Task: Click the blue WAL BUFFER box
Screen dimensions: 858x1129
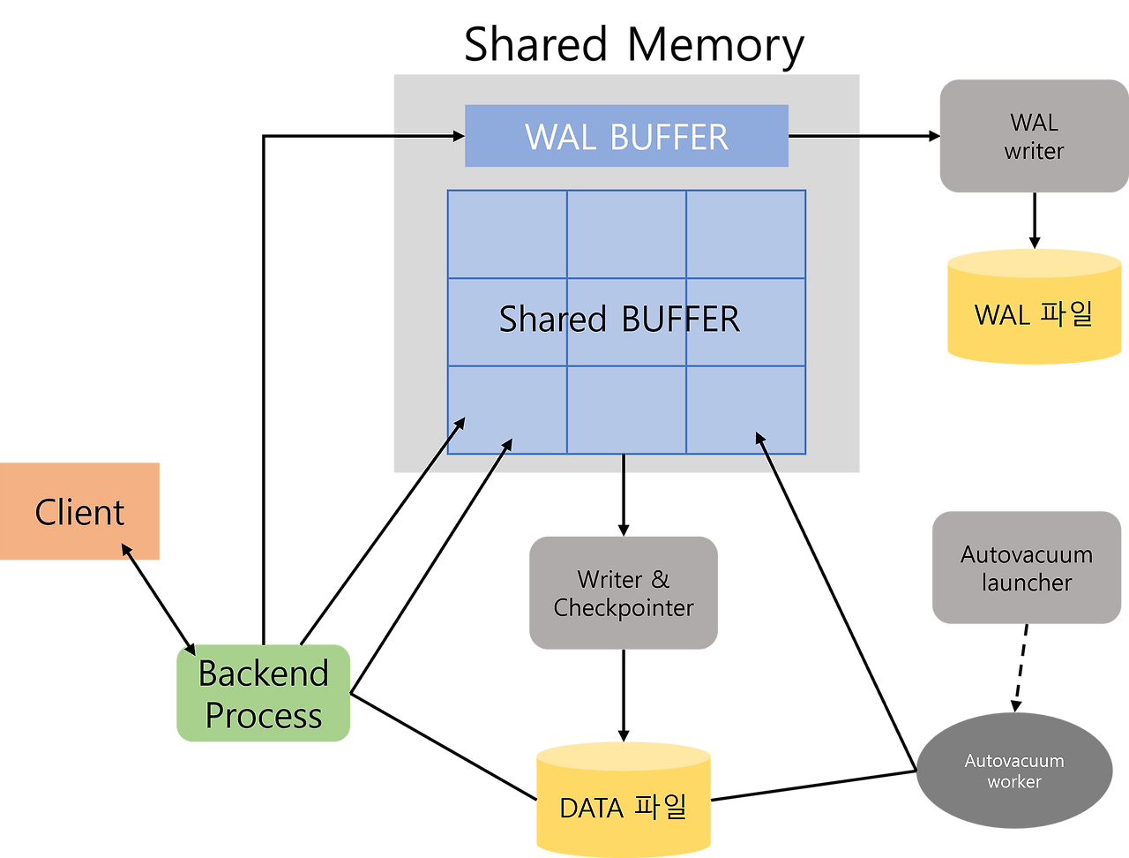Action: click(x=626, y=136)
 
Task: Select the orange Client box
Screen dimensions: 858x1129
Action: click(x=80, y=511)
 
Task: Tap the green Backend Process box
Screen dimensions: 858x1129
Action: click(x=263, y=694)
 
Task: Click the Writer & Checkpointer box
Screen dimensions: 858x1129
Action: click(x=623, y=593)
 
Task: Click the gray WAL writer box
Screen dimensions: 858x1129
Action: click(x=1033, y=136)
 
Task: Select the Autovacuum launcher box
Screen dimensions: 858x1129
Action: click(x=1026, y=568)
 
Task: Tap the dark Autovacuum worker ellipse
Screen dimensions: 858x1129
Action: click(x=1013, y=771)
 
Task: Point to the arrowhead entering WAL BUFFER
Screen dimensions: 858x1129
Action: click(x=459, y=136)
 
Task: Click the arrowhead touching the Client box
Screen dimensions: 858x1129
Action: click(x=128, y=549)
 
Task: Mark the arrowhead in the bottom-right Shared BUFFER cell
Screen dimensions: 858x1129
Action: click(x=759, y=437)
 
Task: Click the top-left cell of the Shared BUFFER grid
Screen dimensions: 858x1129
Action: click(x=507, y=234)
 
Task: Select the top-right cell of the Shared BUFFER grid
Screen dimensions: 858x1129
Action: click(x=745, y=234)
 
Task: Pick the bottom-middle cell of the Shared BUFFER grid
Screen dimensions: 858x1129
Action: click(x=626, y=410)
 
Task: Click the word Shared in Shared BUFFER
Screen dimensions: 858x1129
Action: click(x=552, y=319)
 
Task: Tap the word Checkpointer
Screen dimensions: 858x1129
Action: click(x=623, y=608)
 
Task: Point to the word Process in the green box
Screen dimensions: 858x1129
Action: click(x=263, y=716)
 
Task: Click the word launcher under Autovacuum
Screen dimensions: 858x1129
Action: click(x=1026, y=583)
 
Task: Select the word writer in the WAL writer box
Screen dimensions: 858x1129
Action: click(x=1033, y=151)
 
